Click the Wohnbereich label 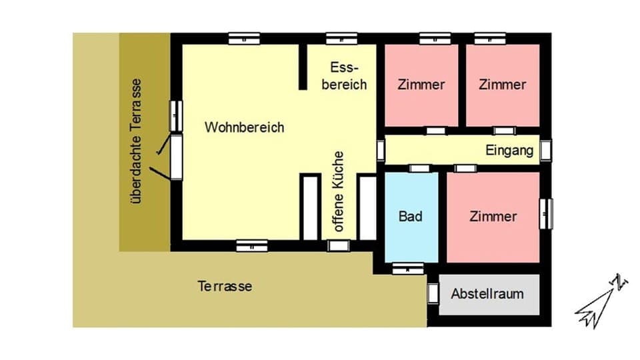coord(244,127)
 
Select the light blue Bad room coord(411,217)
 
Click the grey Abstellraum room coord(487,293)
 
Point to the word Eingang coord(510,150)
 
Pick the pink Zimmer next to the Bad coord(493,217)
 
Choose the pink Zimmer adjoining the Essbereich coord(421,85)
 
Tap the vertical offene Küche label coord(339,192)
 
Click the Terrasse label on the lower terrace coord(225,286)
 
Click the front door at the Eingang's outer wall coord(546,150)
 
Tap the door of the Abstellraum coord(433,293)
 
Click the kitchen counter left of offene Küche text coord(310,207)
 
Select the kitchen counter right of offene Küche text coord(367,207)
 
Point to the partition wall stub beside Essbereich coord(303,67)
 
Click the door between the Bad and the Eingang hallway coord(421,168)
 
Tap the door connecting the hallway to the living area coord(381,150)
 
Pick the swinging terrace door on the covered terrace coord(176,157)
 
